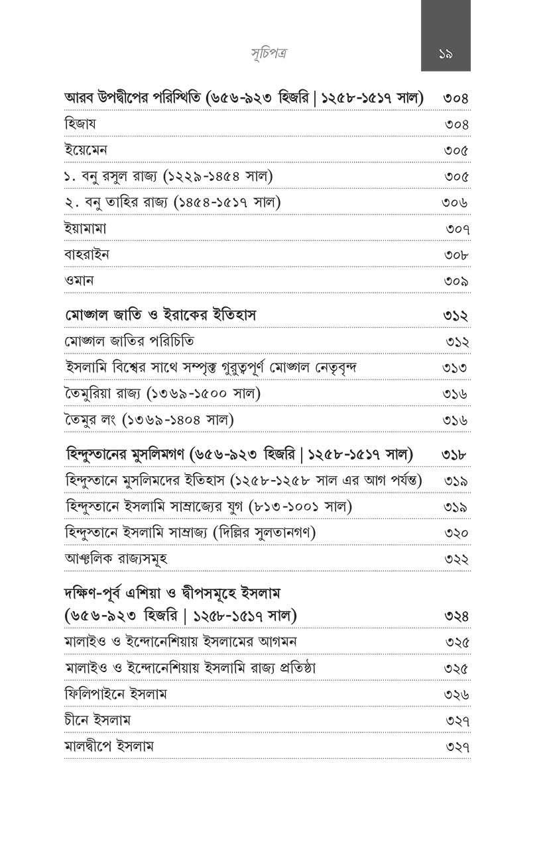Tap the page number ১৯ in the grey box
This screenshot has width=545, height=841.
click(x=446, y=54)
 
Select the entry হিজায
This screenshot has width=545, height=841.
click(x=81, y=124)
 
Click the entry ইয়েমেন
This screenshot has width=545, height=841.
click(x=86, y=150)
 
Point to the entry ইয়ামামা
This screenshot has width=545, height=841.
click(x=86, y=229)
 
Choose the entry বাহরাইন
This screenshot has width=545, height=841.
click(x=87, y=255)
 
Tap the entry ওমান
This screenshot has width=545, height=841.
click(x=80, y=281)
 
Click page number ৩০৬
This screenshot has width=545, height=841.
click(x=455, y=203)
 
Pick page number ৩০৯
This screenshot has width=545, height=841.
click(x=456, y=281)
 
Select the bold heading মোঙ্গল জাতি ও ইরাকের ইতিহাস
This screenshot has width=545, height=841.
click(x=161, y=316)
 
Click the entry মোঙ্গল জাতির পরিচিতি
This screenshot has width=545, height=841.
click(x=130, y=342)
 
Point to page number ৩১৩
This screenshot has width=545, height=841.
click(x=455, y=368)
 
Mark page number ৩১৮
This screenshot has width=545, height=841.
click(x=455, y=455)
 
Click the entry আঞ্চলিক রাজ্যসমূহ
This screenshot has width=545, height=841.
click(x=116, y=558)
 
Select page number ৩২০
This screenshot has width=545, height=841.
click(x=456, y=533)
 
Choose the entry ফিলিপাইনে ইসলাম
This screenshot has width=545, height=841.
click(x=115, y=694)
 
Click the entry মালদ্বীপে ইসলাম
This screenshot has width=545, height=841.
click(x=109, y=746)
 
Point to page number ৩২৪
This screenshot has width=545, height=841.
click(x=456, y=617)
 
